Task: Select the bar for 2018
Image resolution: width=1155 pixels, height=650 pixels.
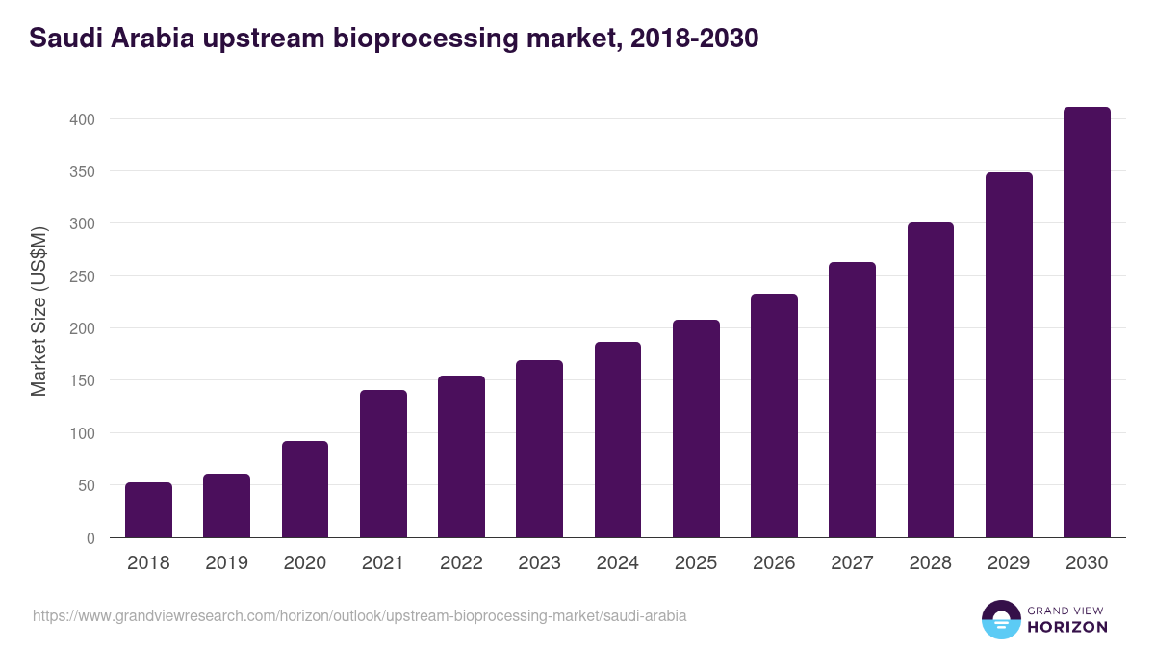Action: coord(148,510)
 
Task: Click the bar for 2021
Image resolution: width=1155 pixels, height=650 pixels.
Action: coord(383,464)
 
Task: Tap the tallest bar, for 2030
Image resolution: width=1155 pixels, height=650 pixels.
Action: coord(1087,323)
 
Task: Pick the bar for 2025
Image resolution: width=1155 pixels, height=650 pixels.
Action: coord(696,429)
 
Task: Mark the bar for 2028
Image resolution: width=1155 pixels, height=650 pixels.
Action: coord(931,380)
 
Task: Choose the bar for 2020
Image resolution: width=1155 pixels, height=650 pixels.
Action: coord(305,489)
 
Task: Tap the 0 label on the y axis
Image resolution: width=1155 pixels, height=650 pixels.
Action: coord(90,538)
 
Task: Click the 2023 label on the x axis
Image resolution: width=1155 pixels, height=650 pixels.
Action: coord(539,563)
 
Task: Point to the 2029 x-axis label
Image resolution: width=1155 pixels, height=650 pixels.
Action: coord(1009,563)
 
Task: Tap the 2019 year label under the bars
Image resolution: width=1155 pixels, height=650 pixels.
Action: coord(226,563)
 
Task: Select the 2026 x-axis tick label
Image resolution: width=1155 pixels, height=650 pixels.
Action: coord(774,563)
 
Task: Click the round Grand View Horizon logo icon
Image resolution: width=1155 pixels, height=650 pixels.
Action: coord(1000,619)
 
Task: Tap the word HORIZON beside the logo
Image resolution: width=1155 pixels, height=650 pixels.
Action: coord(1066,627)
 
